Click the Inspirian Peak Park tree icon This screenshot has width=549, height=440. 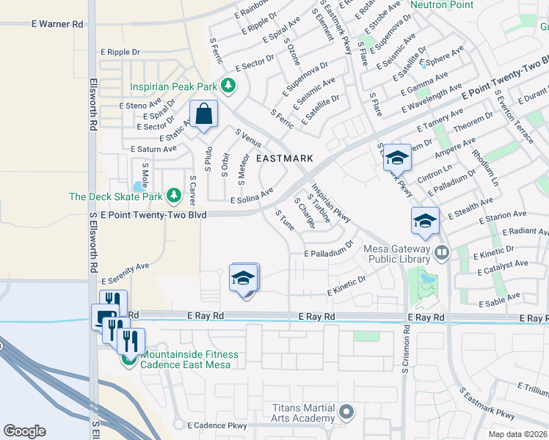228,86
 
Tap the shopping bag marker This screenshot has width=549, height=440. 203,114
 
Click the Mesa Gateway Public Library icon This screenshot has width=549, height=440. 441,253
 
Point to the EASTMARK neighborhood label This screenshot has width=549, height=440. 284,158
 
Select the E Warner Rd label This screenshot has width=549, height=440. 57,24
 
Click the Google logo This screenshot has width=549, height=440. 24,431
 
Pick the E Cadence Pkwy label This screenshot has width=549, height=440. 217,425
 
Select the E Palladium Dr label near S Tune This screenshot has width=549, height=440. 330,252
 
